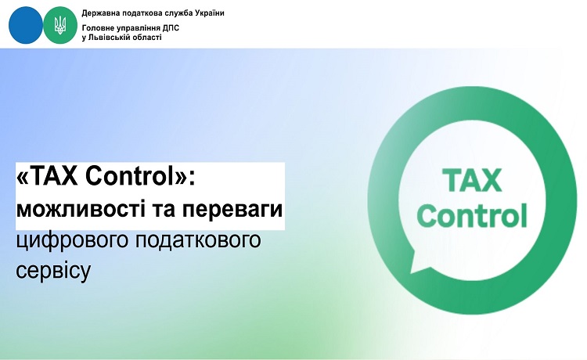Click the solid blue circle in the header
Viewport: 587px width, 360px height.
tap(26, 25)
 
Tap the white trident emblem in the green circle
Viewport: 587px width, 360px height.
tap(60, 26)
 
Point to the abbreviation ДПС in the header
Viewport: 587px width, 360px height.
tap(171, 28)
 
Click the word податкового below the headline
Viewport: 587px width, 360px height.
tap(198, 240)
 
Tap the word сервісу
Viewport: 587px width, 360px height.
tap(53, 270)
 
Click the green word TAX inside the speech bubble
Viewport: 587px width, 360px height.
tap(473, 181)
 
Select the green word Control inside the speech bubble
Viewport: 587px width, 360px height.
tap(473, 215)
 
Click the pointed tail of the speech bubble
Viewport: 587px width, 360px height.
tap(414, 266)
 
